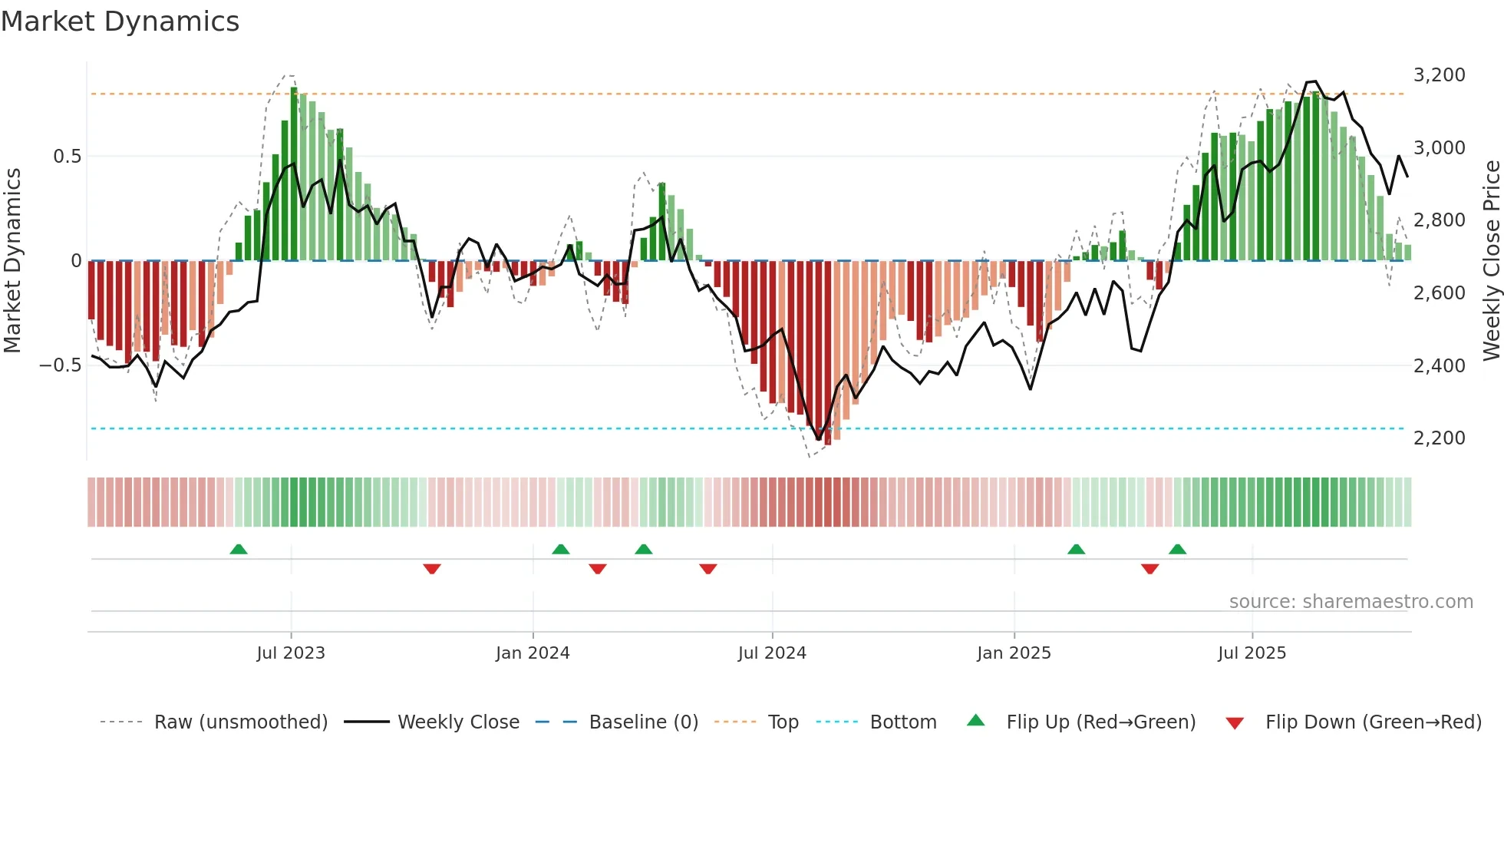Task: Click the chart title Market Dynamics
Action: tap(120, 21)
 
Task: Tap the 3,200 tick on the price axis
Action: tap(1439, 75)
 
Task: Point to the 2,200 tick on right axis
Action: tap(1439, 438)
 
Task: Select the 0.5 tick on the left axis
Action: tap(67, 157)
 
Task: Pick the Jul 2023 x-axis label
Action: tap(291, 653)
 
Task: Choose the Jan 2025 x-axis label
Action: tap(1014, 653)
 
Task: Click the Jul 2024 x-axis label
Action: tap(772, 653)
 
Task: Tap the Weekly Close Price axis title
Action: tap(1491, 261)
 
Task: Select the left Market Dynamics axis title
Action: tap(12, 261)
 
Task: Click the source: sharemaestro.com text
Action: tap(1351, 602)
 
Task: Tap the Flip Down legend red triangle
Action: tap(1235, 723)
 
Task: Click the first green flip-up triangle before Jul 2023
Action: tap(239, 550)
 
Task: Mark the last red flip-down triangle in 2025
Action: tap(1149, 569)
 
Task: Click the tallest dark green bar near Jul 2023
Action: tap(294, 173)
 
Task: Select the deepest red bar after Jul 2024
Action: tap(827, 353)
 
